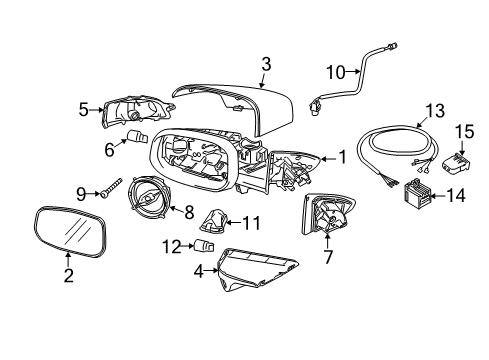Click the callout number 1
[x=341, y=156]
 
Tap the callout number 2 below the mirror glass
[x=68, y=276]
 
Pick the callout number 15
[x=463, y=131]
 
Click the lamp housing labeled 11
[x=215, y=219]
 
